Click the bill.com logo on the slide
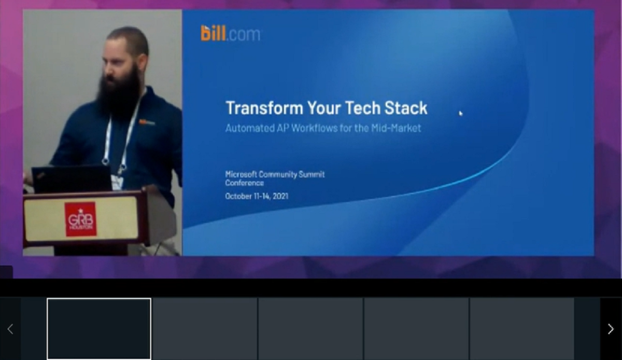230,33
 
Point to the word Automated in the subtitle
247,128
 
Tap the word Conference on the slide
244,183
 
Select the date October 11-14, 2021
257,196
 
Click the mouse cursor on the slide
461,114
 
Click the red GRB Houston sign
80,219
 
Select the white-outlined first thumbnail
99,328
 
